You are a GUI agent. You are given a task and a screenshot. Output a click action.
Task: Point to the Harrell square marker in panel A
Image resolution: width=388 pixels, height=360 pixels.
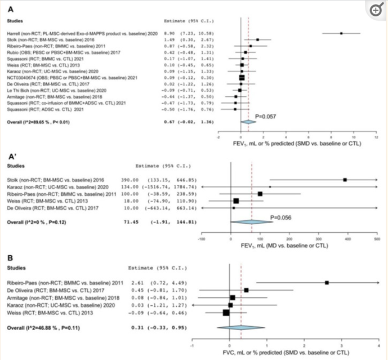pyautogui.click(x=341, y=33)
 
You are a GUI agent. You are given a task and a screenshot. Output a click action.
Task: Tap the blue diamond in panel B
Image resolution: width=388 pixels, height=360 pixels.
pyautogui.click(x=241, y=327)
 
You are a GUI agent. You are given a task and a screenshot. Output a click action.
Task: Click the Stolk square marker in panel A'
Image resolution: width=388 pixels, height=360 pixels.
pyautogui.click(x=345, y=180)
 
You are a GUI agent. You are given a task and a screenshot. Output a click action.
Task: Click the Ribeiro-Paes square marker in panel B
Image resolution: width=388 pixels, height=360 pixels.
pyautogui.click(x=327, y=282)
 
